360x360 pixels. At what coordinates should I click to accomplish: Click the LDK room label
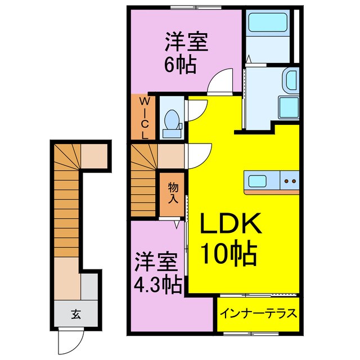[x=230, y=227]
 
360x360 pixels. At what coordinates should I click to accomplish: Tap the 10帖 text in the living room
[x=230, y=254]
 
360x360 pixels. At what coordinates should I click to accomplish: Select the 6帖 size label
[x=180, y=66]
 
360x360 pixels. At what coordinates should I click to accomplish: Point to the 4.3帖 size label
[x=157, y=286]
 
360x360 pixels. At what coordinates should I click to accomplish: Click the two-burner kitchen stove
[x=291, y=182]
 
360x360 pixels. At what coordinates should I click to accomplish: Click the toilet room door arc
[x=195, y=108]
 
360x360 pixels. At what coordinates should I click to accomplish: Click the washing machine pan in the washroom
[x=290, y=106]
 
